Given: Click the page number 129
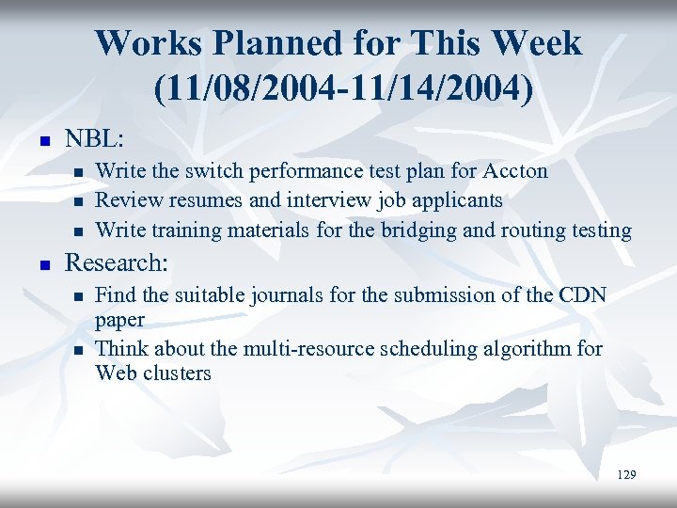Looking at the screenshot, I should coord(626,475).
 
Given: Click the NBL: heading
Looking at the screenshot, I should coord(94,138).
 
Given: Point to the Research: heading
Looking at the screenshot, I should coord(116,262).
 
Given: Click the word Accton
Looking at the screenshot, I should coord(514,171).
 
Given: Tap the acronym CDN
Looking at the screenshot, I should coord(583,295).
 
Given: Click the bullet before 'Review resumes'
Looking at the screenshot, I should coord(78,202).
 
